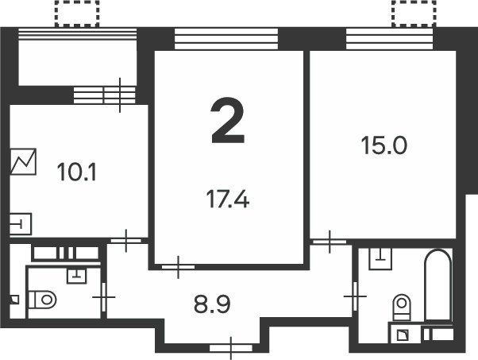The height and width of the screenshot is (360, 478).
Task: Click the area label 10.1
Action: (77, 171)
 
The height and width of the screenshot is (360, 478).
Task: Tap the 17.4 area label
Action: (228, 198)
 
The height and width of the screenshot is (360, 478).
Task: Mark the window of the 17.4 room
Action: (227, 39)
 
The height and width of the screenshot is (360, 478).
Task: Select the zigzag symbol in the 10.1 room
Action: (23, 163)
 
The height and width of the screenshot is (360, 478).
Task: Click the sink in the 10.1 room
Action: (21, 223)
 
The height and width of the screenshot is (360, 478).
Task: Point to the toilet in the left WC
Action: (43, 300)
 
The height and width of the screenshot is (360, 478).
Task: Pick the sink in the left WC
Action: (76, 275)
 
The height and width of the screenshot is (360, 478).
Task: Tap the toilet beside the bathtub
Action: (403, 305)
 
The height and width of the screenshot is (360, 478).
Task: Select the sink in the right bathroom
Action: (383, 257)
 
